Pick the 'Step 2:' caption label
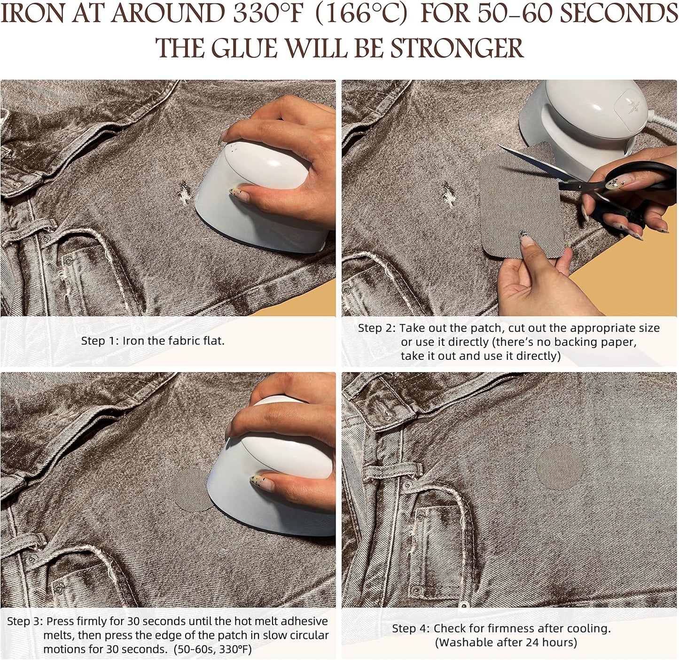377,328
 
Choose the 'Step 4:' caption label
411,628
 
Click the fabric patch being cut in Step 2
517,221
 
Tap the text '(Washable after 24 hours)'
506,642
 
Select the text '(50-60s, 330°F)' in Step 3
212,649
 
